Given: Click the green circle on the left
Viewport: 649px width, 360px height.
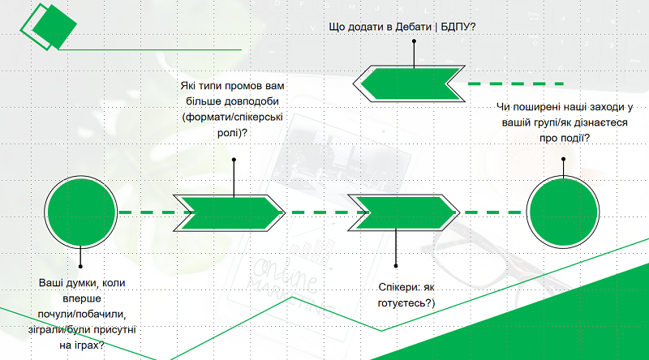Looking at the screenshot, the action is [80, 212].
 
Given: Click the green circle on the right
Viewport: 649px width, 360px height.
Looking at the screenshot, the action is [563, 212].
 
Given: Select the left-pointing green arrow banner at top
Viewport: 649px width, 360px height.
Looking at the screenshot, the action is [409, 84].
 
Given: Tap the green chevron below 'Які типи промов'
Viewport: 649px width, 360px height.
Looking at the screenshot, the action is [230, 212].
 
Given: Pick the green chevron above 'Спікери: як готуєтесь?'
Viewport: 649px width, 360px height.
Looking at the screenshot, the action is [403, 212].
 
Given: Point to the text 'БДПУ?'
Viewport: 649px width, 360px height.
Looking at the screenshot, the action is [458, 27].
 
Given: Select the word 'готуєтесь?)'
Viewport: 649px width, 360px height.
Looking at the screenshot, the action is [406, 303].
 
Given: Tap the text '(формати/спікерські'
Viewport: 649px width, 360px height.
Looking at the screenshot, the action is [233, 117].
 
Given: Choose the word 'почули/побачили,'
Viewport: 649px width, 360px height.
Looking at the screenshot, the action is [82, 314].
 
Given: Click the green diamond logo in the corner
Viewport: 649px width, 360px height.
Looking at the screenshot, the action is [49, 27].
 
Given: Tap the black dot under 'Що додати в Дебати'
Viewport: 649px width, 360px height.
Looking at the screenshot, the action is [414, 41].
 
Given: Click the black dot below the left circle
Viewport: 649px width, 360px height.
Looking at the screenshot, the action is [80, 266].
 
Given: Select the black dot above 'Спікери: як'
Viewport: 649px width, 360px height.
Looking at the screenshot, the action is [396, 266].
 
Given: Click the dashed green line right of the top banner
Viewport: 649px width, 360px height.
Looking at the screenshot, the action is [516, 84].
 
